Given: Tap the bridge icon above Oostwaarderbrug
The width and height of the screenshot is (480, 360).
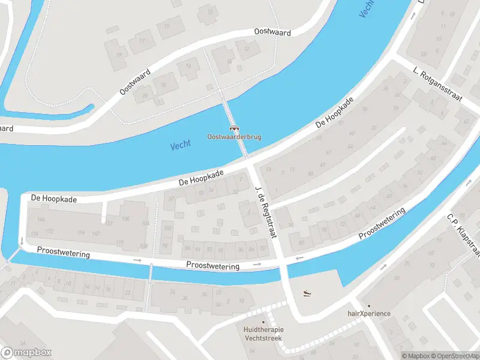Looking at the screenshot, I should point(234,128).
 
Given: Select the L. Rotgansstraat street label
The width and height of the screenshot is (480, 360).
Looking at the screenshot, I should point(437,84).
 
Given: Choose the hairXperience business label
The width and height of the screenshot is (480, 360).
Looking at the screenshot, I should point(369,313).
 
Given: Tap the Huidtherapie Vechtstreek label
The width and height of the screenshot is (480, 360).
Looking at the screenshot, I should point(264,334).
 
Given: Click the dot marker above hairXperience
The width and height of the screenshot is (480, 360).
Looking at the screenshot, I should point(369,305).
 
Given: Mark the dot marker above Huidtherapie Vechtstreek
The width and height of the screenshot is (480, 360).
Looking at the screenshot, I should point(263,322).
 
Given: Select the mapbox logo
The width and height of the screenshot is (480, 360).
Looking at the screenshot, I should point(26,353).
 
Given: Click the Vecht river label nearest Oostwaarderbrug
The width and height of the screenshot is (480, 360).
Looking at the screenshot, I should point(180,145).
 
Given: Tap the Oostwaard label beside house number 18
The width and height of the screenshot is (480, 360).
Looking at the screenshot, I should point(135,82).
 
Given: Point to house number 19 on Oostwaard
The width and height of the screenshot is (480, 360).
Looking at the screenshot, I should point(119,55).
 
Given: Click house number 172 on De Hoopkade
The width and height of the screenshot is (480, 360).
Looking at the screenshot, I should point(49,232).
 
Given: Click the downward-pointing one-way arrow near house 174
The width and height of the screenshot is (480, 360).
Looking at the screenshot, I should point(22,241).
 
